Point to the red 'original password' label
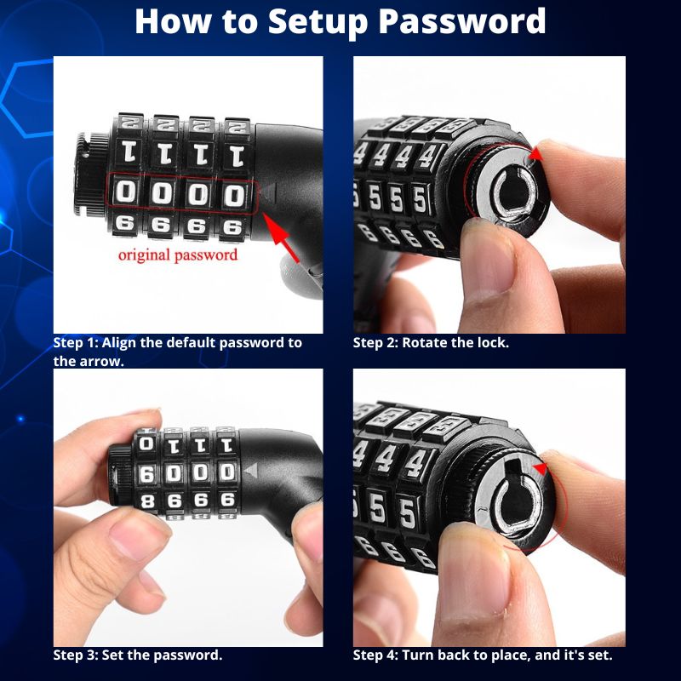(x=178, y=255)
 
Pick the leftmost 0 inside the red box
(x=125, y=194)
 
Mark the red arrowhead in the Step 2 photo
(x=535, y=154)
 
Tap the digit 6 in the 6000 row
(x=146, y=473)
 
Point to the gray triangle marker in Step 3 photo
(x=249, y=470)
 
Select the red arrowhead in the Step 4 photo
(x=538, y=468)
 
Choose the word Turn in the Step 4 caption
(x=418, y=655)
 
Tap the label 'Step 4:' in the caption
(x=375, y=655)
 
